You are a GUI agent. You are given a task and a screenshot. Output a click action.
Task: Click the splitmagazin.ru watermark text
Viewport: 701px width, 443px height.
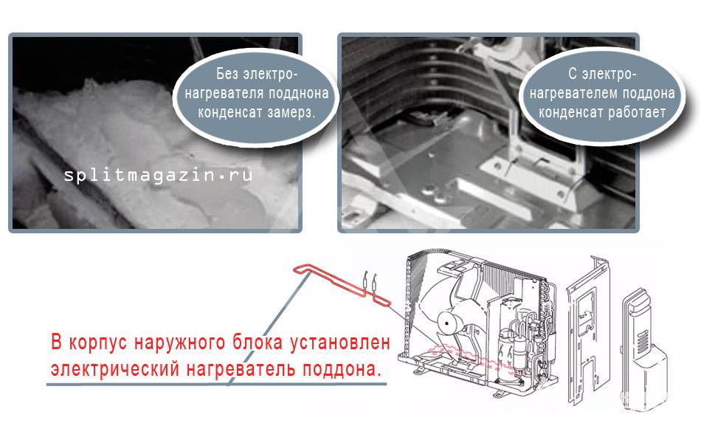click(158, 174)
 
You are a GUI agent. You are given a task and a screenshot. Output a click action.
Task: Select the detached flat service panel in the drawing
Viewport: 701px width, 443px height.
click(587, 331)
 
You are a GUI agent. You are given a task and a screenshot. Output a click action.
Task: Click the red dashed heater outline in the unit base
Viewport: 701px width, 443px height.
click(474, 358)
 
